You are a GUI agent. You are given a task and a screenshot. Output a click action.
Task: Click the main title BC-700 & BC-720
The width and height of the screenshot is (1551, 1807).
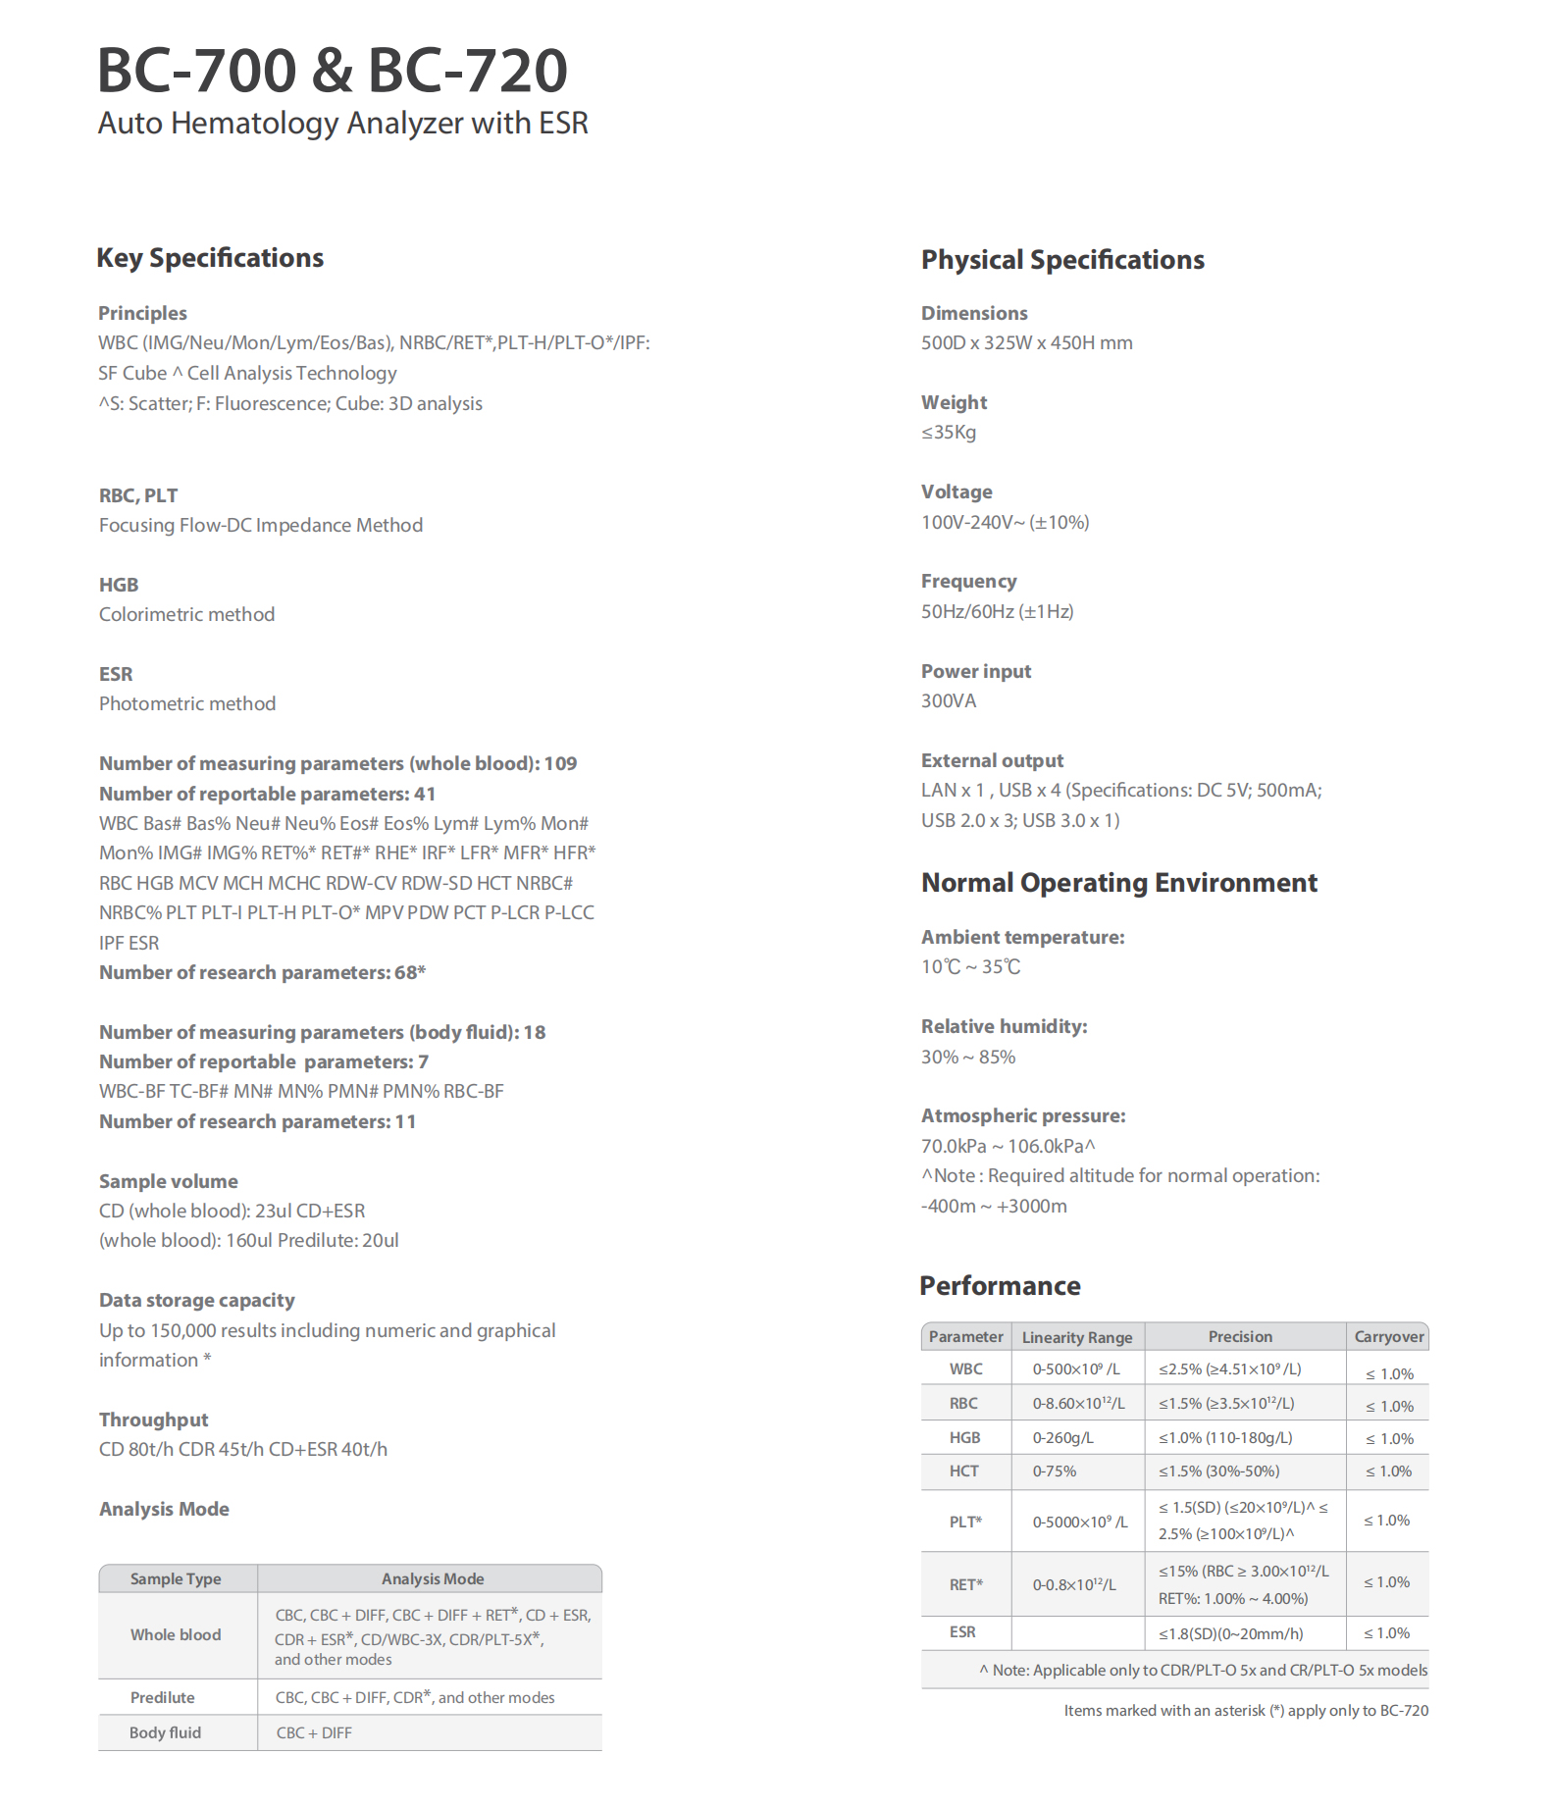pyautogui.click(x=332, y=71)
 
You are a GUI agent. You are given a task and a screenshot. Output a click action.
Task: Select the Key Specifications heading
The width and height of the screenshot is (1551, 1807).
pyautogui.click(x=210, y=258)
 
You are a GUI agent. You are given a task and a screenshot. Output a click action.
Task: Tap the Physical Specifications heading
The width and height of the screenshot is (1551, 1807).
pyautogui.click(x=1061, y=260)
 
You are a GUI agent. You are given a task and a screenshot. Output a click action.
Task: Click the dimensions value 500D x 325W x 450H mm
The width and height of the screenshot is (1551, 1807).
pyautogui.click(x=1026, y=343)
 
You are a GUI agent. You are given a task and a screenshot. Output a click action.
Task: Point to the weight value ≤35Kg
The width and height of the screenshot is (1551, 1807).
pyautogui.click(x=948, y=433)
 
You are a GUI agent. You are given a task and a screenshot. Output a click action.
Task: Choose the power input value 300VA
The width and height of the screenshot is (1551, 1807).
pyautogui.click(x=948, y=701)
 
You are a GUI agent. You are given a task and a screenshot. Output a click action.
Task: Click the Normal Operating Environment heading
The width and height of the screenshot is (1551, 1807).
pyautogui.click(x=1118, y=883)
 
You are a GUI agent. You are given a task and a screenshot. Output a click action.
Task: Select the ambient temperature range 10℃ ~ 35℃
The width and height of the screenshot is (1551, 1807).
pyautogui.click(x=970, y=967)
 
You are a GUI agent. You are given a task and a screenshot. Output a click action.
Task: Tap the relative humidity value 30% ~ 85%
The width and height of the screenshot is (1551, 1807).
pyautogui.click(x=967, y=1058)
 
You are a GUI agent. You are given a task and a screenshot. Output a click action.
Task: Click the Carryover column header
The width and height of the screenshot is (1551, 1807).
pyautogui.click(x=1388, y=1337)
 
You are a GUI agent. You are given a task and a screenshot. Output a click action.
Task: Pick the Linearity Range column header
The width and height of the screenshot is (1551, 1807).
pyautogui.click(x=1076, y=1338)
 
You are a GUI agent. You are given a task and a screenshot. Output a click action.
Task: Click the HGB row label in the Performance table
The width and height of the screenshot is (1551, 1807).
pyautogui.click(x=964, y=1438)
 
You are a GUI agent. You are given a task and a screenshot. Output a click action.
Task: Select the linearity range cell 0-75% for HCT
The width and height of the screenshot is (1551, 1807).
pyautogui.click(x=1054, y=1471)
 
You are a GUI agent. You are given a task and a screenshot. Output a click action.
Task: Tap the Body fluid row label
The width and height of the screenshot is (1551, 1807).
pyautogui.click(x=165, y=1733)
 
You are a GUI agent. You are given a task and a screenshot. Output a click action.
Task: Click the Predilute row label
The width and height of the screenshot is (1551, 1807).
pyautogui.click(x=162, y=1698)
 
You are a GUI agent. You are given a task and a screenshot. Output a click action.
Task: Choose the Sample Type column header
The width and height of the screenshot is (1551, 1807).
pyautogui.click(x=176, y=1579)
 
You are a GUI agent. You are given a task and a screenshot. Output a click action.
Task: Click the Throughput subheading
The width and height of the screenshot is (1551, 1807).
pyautogui.click(x=153, y=1420)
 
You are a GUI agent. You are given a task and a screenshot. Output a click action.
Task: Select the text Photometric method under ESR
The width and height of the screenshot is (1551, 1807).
pyautogui.click(x=187, y=704)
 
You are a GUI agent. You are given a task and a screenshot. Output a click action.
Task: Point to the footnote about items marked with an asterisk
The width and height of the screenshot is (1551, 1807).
pyautogui.click(x=1245, y=1711)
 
